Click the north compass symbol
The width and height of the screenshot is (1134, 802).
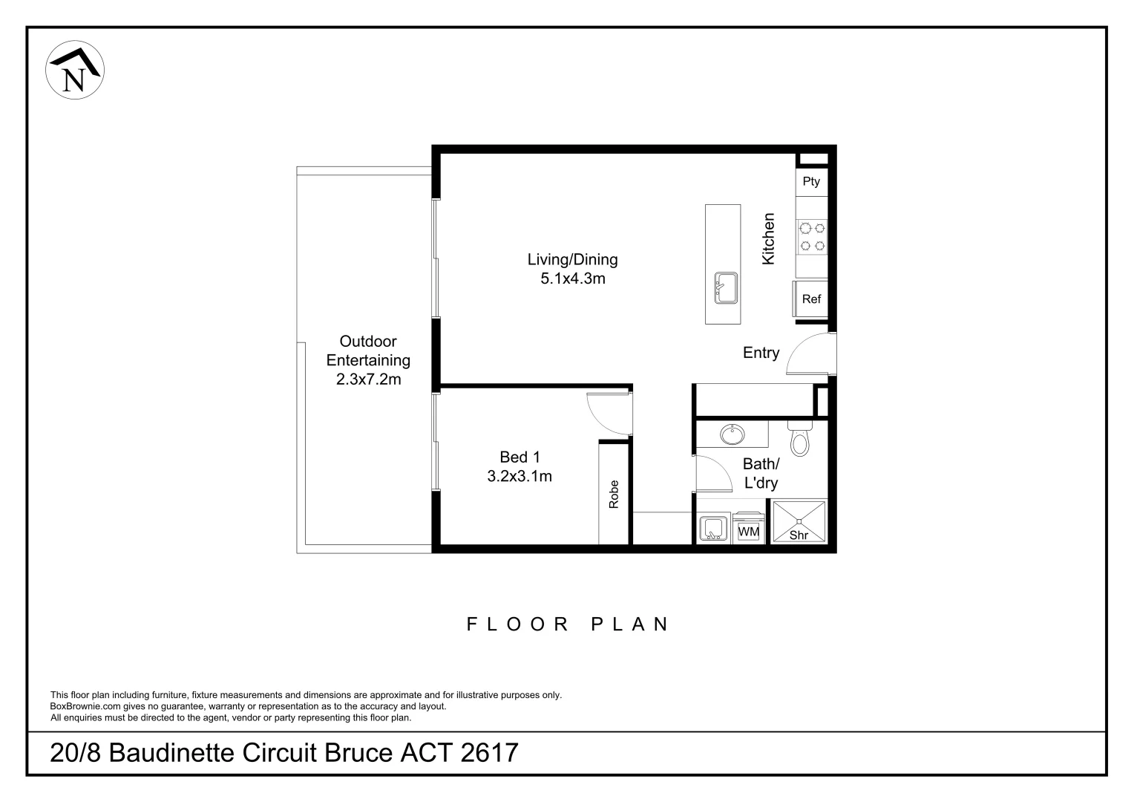pyautogui.click(x=75, y=70)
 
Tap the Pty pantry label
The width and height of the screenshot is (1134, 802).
pyautogui.click(x=811, y=182)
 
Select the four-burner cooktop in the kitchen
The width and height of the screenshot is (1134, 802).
pyautogui.click(x=813, y=237)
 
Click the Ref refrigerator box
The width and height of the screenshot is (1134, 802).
pyautogui.click(x=811, y=299)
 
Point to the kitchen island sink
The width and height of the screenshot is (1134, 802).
pyautogui.click(x=725, y=287)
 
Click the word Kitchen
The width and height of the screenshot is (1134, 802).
pyautogui.click(x=769, y=238)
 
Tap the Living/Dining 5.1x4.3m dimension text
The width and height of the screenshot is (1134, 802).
pyautogui.click(x=572, y=278)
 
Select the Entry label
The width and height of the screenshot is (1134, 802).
pyautogui.click(x=761, y=353)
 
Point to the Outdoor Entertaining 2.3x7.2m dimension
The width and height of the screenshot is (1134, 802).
pyautogui.click(x=368, y=379)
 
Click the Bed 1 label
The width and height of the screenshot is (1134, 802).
pyautogui.click(x=520, y=457)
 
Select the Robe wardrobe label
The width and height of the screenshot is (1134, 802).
pyautogui.click(x=614, y=495)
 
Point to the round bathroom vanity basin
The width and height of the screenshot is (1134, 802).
pyautogui.click(x=732, y=434)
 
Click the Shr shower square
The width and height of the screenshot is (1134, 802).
pyautogui.click(x=799, y=522)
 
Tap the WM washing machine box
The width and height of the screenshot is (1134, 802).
pyautogui.click(x=748, y=532)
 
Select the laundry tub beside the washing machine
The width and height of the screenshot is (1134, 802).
pyautogui.click(x=713, y=529)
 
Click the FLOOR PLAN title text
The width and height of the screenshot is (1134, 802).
pyautogui.click(x=568, y=625)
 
